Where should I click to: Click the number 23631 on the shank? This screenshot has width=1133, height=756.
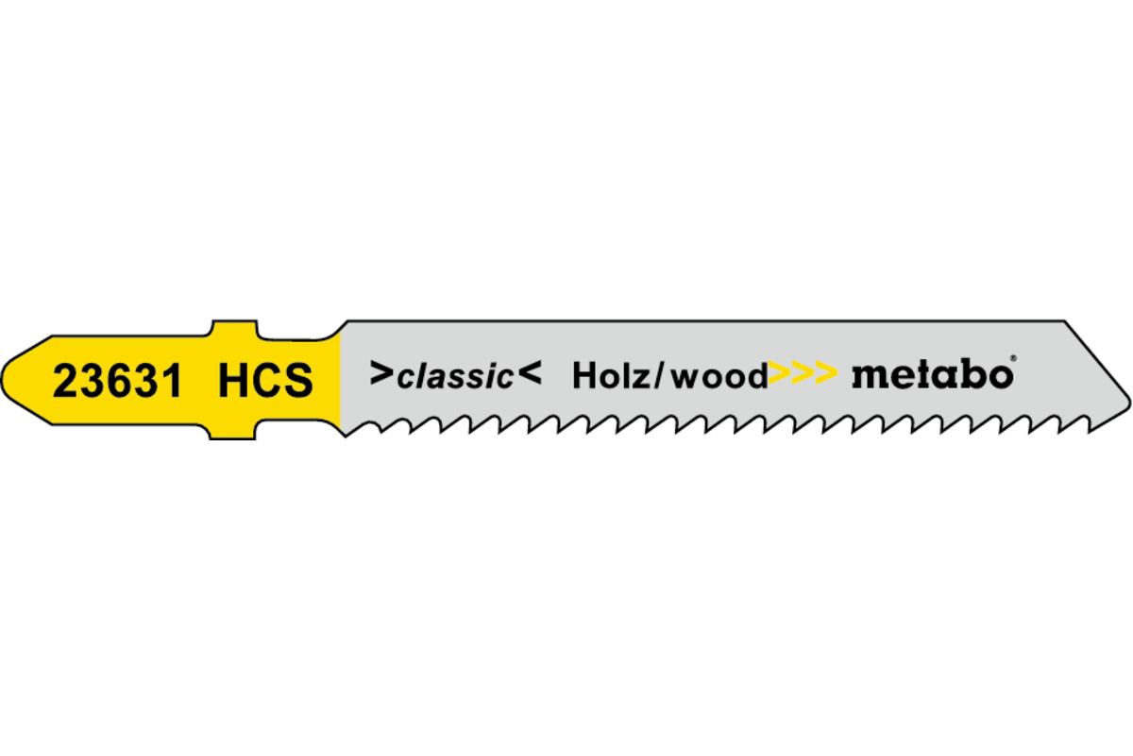(117, 380)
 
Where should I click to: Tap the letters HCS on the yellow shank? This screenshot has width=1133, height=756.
(265, 380)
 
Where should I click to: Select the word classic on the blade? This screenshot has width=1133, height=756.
(455, 377)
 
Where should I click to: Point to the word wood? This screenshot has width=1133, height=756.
(719, 376)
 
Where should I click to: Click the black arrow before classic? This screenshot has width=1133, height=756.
(381, 373)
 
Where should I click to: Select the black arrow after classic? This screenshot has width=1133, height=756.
(530, 373)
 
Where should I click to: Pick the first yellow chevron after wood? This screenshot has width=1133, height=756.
(780, 373)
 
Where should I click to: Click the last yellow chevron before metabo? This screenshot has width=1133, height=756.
(826, 373)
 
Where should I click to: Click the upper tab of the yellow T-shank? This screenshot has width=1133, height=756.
(234, 329)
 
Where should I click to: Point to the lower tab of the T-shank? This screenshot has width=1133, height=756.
(232, 431)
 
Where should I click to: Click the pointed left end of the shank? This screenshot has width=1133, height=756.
(2, 380)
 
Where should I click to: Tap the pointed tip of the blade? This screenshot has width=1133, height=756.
(1130, 400)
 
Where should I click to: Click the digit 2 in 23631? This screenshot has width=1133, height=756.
(65, 380)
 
